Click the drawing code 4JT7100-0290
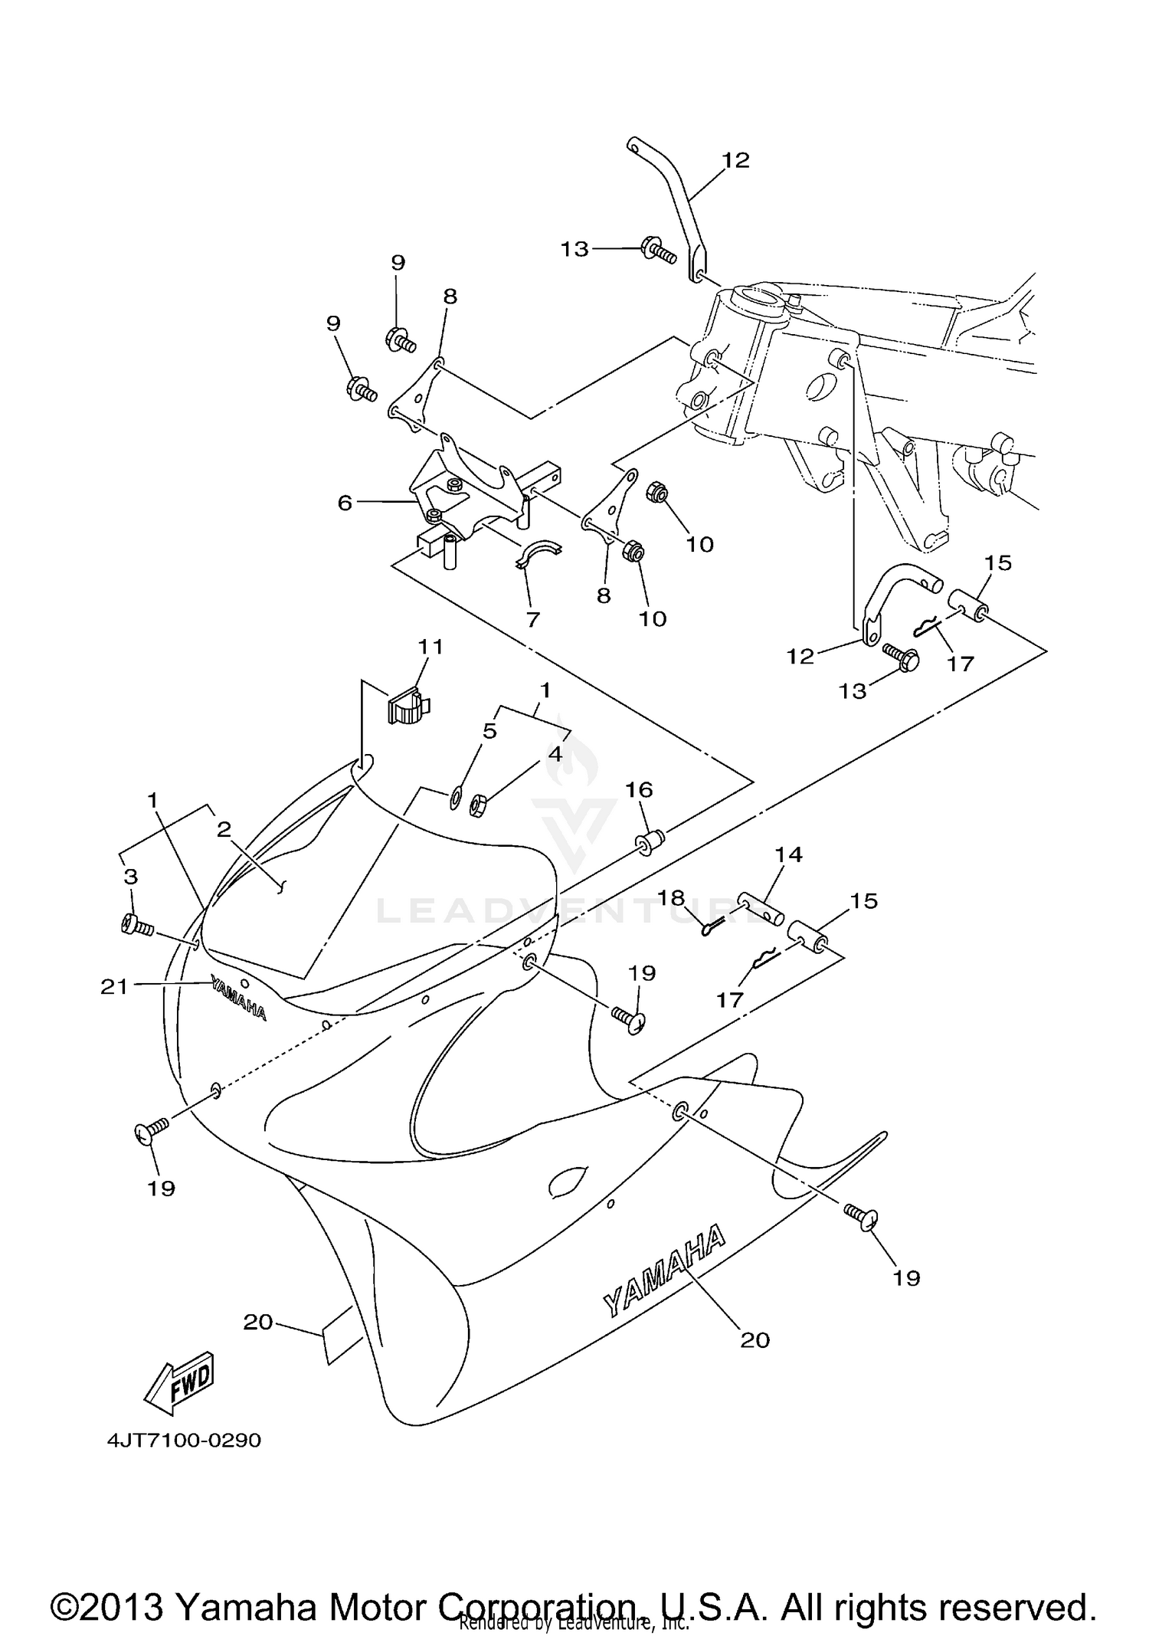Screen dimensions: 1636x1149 (x=184, y=1440)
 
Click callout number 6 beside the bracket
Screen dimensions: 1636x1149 (x=345, y=503)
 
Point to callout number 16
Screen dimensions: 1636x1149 (x=640, y=788)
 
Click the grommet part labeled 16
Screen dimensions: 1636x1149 (x=647, y=843)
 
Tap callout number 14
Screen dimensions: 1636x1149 (x=788, y=854)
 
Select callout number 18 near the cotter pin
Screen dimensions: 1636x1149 (x=669, y=897)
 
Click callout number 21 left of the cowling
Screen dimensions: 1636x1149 (x=114, y=988)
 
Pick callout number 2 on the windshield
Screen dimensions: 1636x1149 (x=224, y=829)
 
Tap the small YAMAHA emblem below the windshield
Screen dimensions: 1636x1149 (x=238, y=1000)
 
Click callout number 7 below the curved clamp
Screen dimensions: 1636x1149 (x=533, y=618)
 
